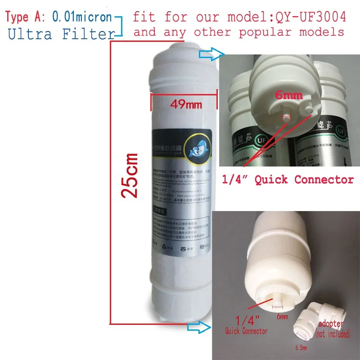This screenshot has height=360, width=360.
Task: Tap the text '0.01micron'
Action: [x=82, y=18]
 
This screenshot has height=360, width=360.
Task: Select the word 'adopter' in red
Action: [x=331, y=324]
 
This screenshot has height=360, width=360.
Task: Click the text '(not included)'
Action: [x=333, y=334]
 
